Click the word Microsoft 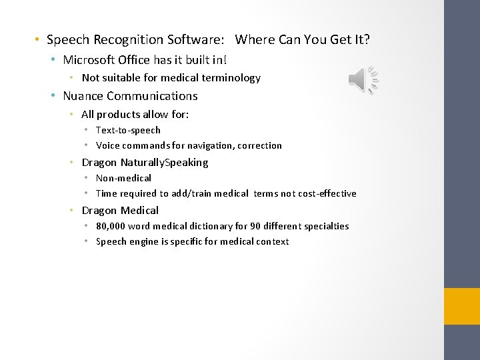coord(89,60)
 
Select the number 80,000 coord(111,226)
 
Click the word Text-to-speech coord(128,130)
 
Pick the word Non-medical coord(123,178)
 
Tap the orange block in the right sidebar coord(462,306)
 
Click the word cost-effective coord(326,194)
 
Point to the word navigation coord(210,145)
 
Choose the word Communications coord(157,96)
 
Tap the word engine coord(145,242)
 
